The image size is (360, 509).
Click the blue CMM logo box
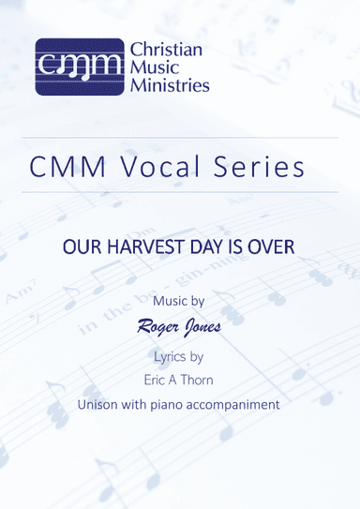coord(80,66)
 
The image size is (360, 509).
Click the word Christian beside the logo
coord(167,50)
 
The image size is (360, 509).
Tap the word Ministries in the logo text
coord(170,84)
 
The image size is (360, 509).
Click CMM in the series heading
coord(67,168)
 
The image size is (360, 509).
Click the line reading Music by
coord(180,303)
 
